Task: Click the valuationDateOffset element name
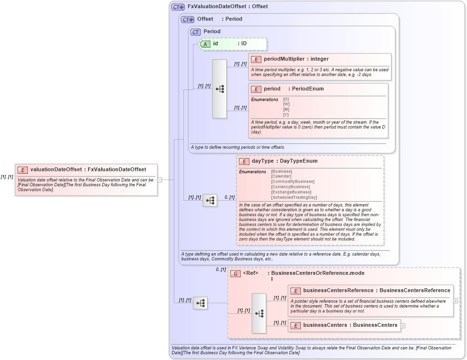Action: [56, 169]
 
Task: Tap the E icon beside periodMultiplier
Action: [256, 59]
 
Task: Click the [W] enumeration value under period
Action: [286, 104]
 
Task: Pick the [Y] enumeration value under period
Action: [286, 115]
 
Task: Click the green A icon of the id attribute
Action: [205, 44]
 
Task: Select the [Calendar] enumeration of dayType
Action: [281, 177]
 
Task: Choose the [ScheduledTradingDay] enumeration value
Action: [294, 197]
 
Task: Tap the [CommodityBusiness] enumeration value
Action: [292, 182]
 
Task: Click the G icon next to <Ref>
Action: [235, 273]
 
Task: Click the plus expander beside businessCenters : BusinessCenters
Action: [403, 326]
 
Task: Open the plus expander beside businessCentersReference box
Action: [455, 301]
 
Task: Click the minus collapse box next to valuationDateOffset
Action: [160, 180]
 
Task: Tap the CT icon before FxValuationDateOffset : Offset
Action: [178, 7]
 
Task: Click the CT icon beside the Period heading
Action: [195, 32]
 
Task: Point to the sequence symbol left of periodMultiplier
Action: [220, 89]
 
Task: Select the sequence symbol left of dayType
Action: [209, 201]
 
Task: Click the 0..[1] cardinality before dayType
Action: [230, 197]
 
